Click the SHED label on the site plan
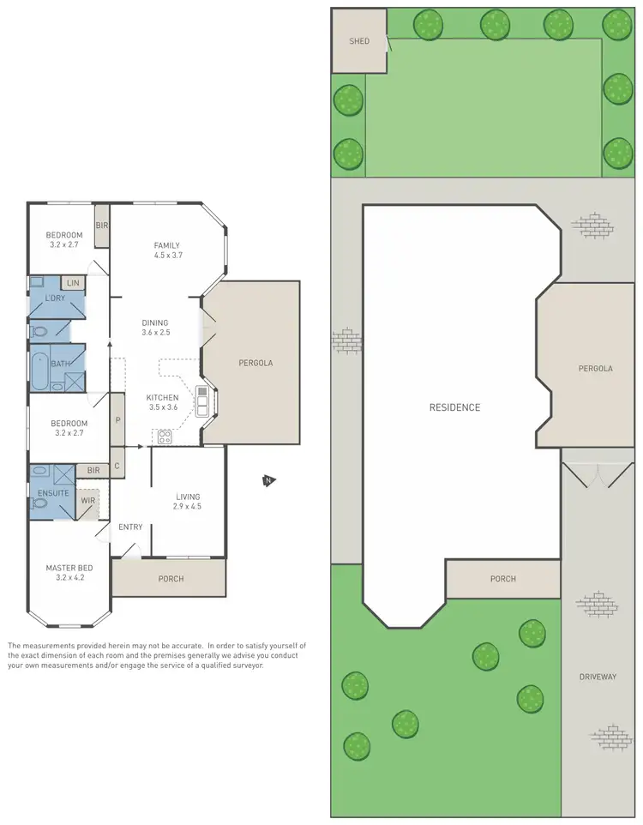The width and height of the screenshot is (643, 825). (x=358, y=40)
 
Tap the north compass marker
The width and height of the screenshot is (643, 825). (x=268, y=481)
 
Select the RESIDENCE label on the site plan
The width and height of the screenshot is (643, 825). (x=454, y=407)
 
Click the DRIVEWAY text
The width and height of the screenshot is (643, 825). (x=598, y=677)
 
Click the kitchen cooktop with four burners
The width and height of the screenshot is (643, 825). (x=164, y=436)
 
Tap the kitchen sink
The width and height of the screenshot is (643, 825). (x=202, y=400)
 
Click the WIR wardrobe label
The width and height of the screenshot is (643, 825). (x=87, y=500)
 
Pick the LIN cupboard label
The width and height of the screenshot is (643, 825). (x=73, y=282)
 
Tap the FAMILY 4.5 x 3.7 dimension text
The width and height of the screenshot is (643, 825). (x=167, y=255)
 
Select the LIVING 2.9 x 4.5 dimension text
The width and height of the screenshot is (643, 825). (x=188, y=506)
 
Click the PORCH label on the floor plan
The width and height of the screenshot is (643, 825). (x=171, y=578)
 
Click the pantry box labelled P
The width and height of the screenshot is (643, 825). (x=118, y=420)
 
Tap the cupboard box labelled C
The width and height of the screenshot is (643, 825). (x=117, y=465)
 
